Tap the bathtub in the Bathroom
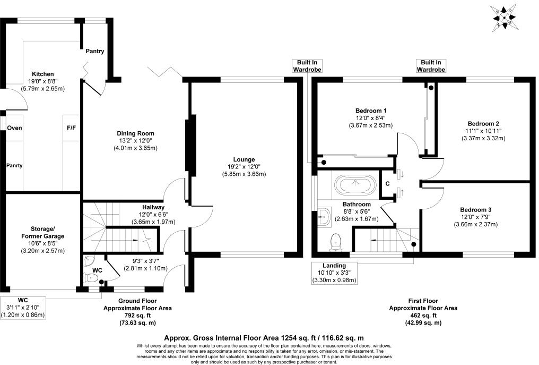[355, 185]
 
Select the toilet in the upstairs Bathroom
[336, 242]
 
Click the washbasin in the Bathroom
[324, 216]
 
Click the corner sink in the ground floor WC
[89, 261]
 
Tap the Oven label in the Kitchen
[14, 128]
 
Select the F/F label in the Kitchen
[71, 128]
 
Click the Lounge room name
[244, 159]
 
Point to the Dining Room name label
[135, 133]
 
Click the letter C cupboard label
[388, 184]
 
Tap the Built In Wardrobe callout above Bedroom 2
[430, 66]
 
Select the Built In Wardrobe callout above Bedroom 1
[307, 66]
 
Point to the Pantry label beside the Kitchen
[95, 51]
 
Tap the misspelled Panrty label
[14, 165]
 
